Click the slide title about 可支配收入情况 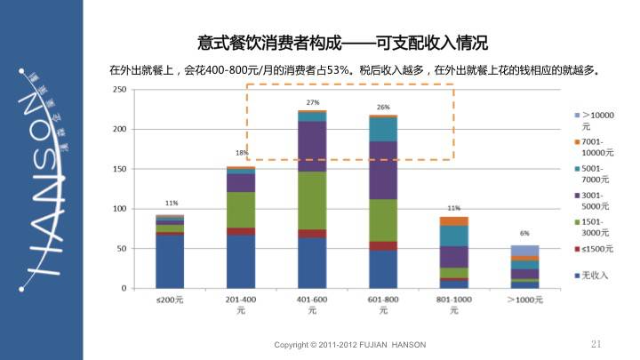click(342, 42)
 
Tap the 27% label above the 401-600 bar click(312, 103)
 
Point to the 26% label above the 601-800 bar click(383, 107)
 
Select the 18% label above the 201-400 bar click(241, 153)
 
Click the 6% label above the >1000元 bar click(524, 233)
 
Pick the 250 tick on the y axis click(118, 90)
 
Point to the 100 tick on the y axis click(118, 209)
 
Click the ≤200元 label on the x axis click(170, 301)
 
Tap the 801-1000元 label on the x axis click(454, 306)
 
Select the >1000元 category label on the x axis click(525, 301)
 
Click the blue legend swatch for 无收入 click(576, 275)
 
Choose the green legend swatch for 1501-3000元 click(576, 221)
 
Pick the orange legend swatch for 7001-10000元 click(576, 141)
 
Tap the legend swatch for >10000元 click(576, 115)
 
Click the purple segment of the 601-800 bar click(383, 170)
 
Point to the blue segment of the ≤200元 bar click(170, 261)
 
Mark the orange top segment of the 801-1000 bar click(454, 220)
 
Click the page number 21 click(596, 344)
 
